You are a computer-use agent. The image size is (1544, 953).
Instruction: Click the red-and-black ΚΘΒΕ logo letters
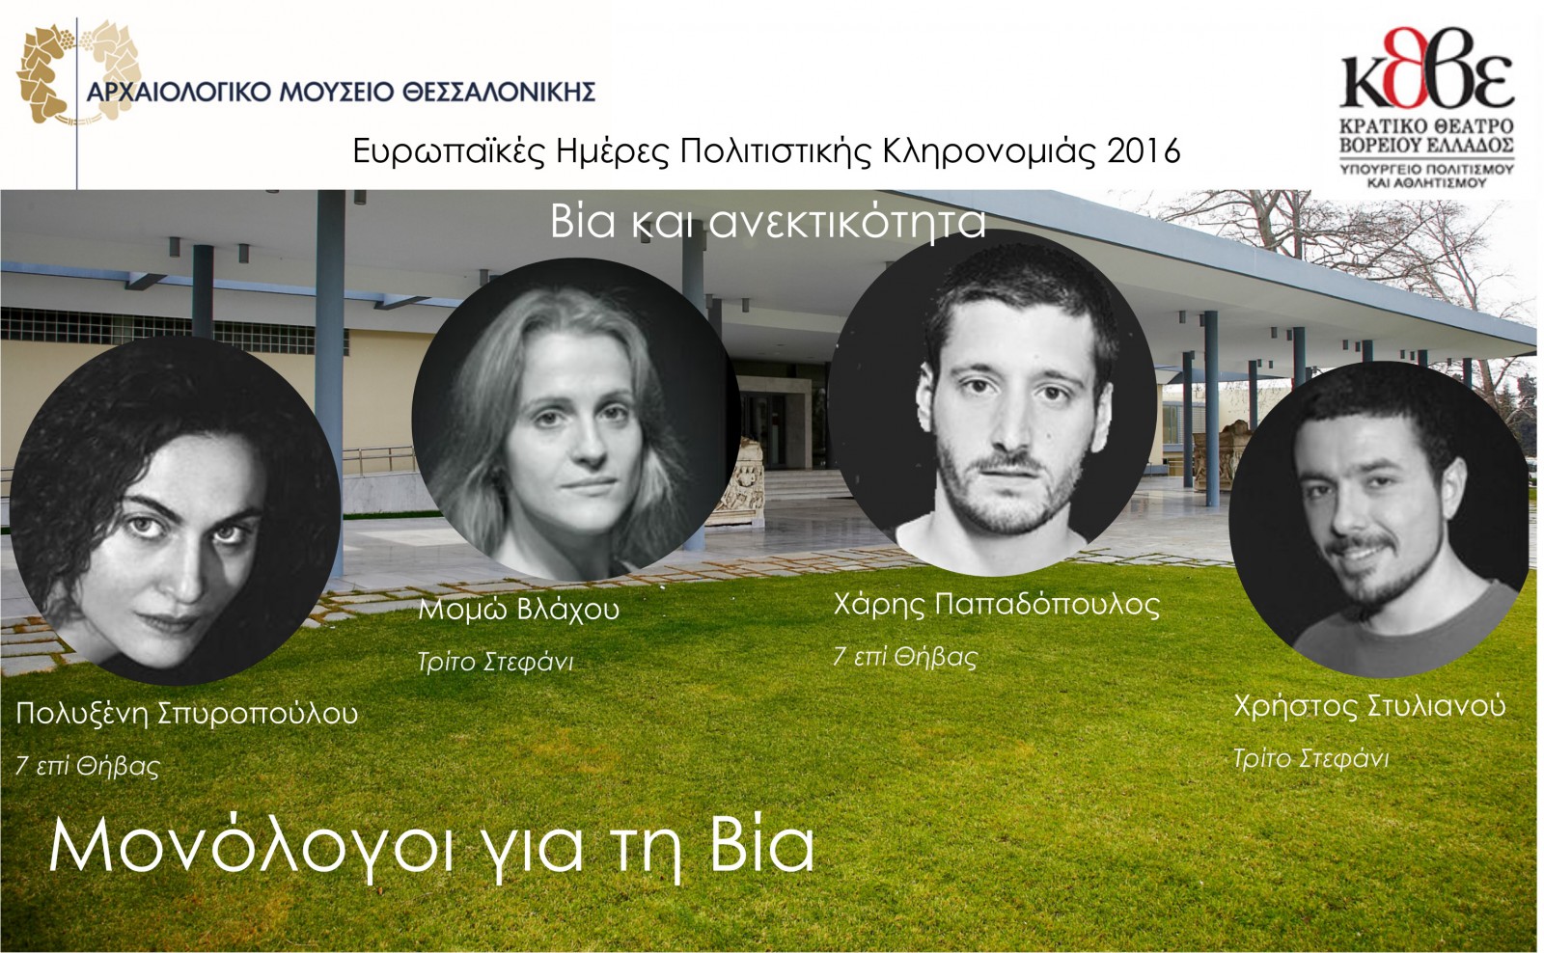point(1427,68)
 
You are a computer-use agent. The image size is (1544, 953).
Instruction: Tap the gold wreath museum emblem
point(77,72)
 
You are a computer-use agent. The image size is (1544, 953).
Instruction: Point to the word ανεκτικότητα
point(847,222)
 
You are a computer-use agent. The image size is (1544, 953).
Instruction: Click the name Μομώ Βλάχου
point(519,610)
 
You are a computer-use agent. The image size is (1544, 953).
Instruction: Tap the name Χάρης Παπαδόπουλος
point(997,605)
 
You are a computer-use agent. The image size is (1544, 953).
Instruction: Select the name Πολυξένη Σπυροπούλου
point(187,713)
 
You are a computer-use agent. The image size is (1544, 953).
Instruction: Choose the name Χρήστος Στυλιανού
point(1369,707)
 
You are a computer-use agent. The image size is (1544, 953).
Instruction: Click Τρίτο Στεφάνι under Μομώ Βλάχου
point(496,663)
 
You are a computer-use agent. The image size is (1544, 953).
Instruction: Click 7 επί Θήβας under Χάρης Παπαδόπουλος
point(905,656)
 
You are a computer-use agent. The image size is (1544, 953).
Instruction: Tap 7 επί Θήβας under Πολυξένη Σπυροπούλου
point(88,766)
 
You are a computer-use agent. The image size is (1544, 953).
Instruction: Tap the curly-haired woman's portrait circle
point(176,510)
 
